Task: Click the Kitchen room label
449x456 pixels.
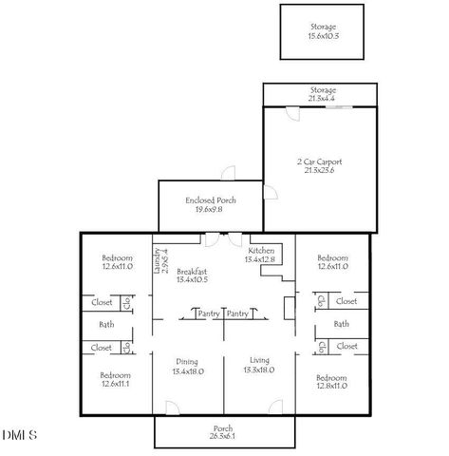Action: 261,250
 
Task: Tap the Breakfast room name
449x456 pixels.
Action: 191,271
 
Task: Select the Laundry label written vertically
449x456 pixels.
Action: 158,256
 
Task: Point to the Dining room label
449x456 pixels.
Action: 186,360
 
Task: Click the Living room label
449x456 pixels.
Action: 260,360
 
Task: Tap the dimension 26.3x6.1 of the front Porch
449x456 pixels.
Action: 222,437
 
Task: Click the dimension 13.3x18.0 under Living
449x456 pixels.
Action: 260,370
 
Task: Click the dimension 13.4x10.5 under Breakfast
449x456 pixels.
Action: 191,280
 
